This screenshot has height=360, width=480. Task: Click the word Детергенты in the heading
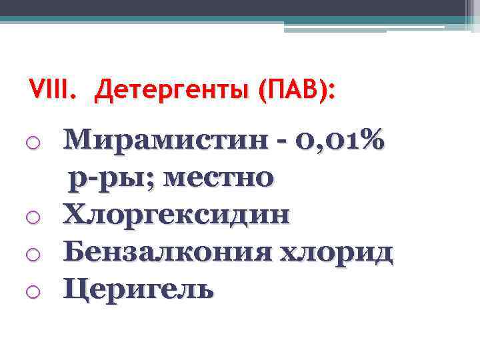(x=169, y=91)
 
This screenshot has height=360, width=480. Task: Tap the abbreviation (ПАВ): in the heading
(x=293, y=91)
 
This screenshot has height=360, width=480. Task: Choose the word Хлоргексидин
(x=177, y=215)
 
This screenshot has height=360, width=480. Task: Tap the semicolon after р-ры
(x=157, y=181)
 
